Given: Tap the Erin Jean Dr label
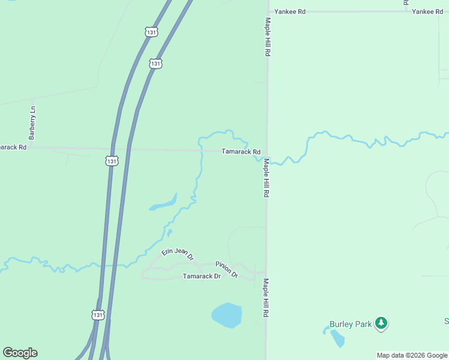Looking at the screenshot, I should [x=178, y=254].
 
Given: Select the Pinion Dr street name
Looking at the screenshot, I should [x=227, y=269].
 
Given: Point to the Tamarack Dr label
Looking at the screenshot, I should [x=202, y=276].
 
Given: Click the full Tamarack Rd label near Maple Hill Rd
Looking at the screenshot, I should [x=241, y=152].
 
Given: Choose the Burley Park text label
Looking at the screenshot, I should [x=351, y=324].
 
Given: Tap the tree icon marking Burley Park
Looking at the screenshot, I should [x=381, y=323].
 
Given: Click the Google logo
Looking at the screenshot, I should [x=20, y=353].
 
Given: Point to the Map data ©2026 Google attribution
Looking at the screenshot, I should [x=412, y=355].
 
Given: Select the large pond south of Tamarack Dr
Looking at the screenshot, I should [x=227, y=316].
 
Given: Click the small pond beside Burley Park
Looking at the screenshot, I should [x=337, y=338].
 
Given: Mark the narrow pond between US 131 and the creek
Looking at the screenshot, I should [x=164, y=203].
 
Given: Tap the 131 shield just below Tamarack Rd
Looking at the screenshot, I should [x=112, y=161].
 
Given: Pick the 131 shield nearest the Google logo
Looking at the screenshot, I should [x=98, y=314].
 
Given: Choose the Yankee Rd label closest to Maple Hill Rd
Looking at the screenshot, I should [x=290, y=12].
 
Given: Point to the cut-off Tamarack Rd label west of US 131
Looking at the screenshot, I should [x=13, y=147].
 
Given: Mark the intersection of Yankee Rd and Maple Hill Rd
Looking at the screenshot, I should [x=268, y=11].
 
